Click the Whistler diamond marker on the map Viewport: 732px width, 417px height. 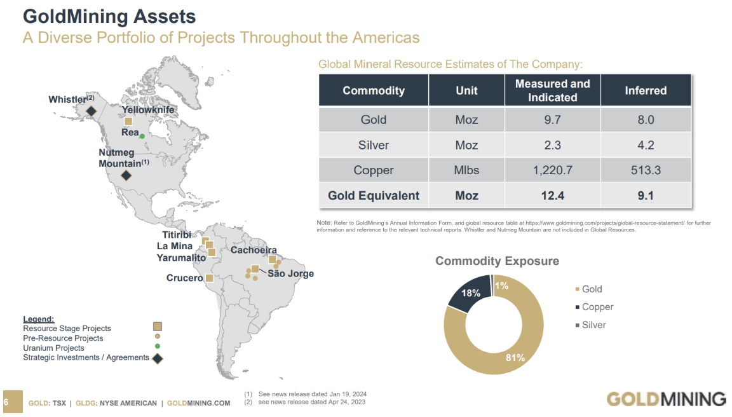(x=91, y=111)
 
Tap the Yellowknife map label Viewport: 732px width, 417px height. (x=147, y=110)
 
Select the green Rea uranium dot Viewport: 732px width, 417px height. (x=142, y=136)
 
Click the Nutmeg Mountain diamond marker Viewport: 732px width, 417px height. (x=126, y=175)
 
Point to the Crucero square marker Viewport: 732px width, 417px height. (x=208, y=278)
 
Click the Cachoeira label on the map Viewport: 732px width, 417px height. (x=253, y=250)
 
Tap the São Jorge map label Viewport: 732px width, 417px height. (x=290, y=274)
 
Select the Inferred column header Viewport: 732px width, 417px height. (x=645, y=90)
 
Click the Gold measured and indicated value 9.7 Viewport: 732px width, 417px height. (x=552, y=120)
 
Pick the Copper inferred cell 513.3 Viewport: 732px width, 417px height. (x=645, y=170)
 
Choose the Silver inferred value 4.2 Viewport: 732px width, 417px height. (x=645, y=145)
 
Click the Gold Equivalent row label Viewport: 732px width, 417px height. (x=374, y=196)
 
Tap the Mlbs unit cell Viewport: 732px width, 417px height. (x=466, y=170)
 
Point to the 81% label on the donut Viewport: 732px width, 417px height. (x=515, y=358)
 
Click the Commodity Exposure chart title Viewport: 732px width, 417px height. (x=497, y=261)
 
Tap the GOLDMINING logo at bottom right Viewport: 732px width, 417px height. (x=666, y=399)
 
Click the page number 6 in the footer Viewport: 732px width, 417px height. (x=6, y=402)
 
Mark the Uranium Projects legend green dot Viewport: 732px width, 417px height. (x=157, y=346)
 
